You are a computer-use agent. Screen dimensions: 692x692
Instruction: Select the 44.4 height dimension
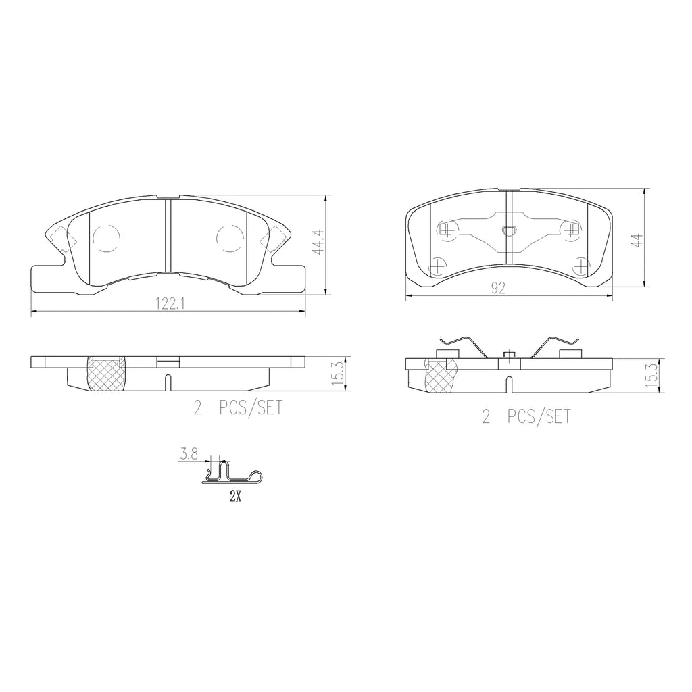coord(318,243)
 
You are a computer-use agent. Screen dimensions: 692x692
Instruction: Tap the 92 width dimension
coord(498,288)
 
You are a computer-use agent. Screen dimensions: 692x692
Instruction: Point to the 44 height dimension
coord(637,240)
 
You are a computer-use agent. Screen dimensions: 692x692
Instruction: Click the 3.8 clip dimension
coord(189,454)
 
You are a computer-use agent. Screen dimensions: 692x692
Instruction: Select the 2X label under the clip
coord(235,497)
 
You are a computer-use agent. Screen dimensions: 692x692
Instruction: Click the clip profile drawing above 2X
coord(232,472)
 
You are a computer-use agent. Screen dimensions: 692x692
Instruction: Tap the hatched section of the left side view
coord(106,374)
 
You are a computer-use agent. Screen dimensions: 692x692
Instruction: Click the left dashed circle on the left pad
coord(106,238)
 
